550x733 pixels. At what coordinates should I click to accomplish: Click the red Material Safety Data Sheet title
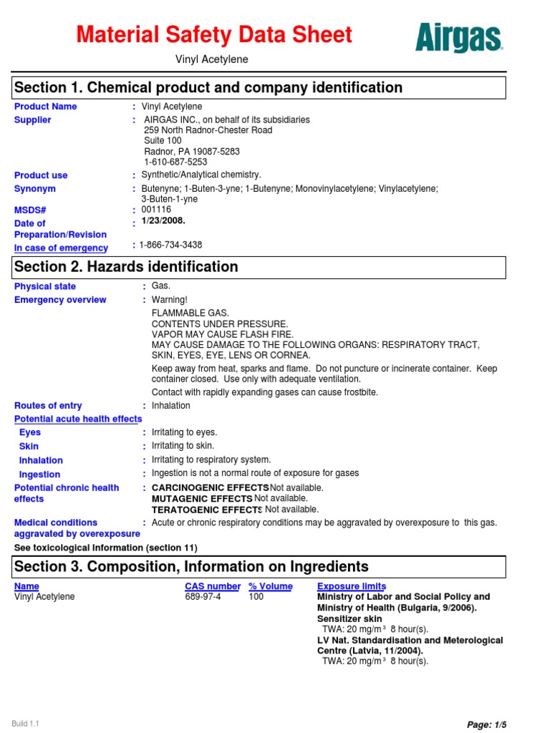(214, 34)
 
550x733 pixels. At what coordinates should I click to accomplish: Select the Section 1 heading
(208, 87)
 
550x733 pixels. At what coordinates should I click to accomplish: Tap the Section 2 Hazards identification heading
(126, 267)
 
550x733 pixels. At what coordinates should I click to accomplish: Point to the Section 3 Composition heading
(191, 567)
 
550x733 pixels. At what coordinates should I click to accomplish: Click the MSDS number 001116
(157, 210)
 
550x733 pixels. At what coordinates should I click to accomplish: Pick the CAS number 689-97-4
(203, 596)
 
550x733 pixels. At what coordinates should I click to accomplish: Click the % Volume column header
(270, 586)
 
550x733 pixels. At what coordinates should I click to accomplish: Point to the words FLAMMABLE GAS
(190, 314)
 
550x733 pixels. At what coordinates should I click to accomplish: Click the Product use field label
(41, 175)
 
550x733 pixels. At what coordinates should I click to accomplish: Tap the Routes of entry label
(48, 405)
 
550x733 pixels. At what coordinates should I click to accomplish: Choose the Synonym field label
(35, 189)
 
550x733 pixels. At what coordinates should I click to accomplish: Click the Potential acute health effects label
(78, 419)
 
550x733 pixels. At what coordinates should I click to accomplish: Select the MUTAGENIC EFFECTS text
(202, 498)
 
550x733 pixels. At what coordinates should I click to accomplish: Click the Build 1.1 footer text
(25, 724)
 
